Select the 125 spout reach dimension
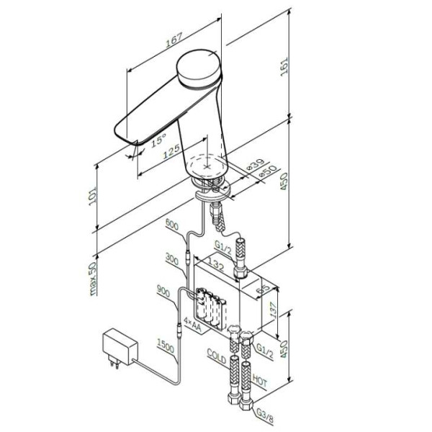(171, 152)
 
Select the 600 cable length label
(172, 225)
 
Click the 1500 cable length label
(163, 348)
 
